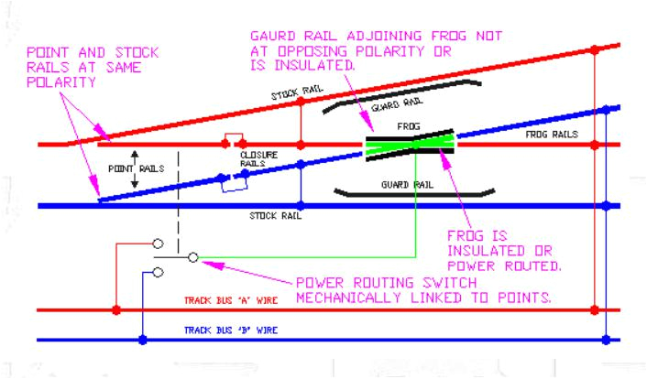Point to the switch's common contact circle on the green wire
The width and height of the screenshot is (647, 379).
tap(192, 258)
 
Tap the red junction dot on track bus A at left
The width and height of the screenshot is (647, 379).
tap(115, 309)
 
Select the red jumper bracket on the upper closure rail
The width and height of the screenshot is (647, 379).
tap(233, 139)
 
